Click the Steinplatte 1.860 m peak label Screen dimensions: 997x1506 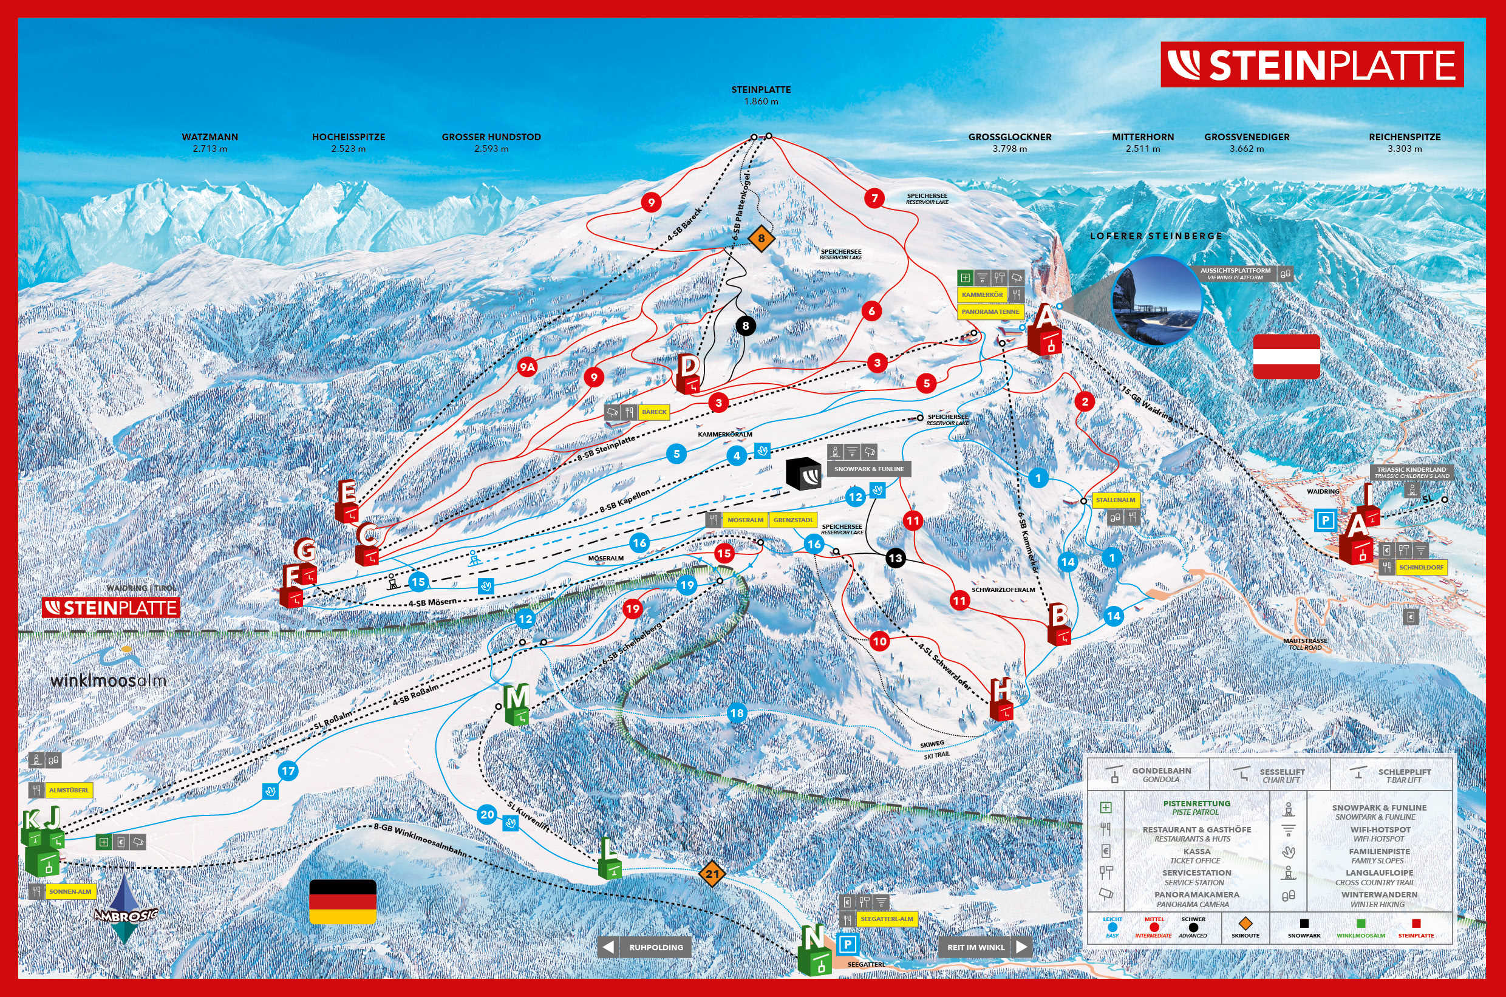761,95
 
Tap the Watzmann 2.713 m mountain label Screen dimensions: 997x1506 210,143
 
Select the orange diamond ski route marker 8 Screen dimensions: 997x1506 761,239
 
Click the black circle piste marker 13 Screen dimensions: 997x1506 895,558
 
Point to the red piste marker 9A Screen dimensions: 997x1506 526,367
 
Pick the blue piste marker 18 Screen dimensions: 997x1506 737,713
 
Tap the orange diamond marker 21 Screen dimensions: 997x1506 712,874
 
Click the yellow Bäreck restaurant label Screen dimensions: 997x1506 654,412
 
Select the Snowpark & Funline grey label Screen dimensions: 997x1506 869,469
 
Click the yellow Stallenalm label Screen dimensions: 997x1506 1115,500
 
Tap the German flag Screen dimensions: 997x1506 342,901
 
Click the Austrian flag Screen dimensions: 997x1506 1286,356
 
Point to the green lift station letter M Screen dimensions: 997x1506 516,704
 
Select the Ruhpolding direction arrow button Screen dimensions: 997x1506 644,947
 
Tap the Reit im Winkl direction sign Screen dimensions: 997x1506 984,947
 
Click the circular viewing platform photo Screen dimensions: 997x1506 1156,300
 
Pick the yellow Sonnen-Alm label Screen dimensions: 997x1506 70,891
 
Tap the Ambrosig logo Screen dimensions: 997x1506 124,910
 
